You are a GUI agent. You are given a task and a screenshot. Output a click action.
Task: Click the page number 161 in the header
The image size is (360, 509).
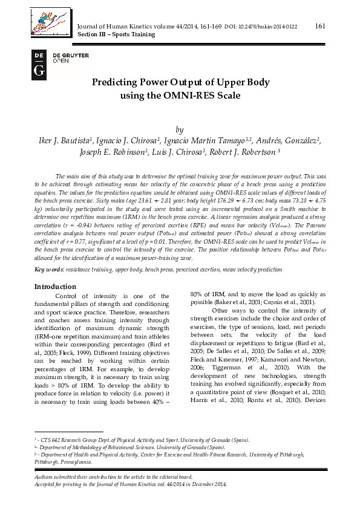321,25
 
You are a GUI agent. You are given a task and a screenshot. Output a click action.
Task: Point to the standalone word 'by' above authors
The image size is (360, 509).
178,129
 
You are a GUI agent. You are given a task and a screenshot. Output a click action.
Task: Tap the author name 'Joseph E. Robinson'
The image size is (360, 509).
114,154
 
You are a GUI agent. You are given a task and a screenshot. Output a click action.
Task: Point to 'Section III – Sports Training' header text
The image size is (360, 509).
117,34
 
